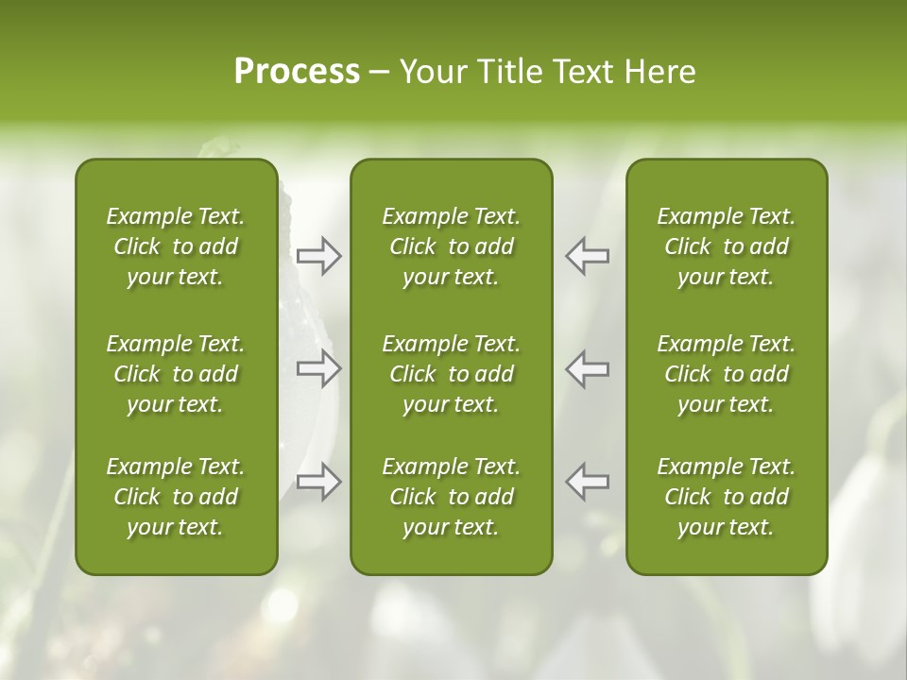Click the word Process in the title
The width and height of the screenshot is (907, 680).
pos(297,72)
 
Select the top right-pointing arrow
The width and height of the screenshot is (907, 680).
pos(318,256)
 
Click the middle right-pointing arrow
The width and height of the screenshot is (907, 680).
pos(318,368)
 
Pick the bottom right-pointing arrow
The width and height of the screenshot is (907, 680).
pos(318,482)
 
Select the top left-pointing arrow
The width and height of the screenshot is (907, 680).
pos(588,256)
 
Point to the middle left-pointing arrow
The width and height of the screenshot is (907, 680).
pos(588,368)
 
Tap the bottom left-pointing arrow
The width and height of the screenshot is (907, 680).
pos(588,482)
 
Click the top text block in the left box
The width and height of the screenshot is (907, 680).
pos(176,246)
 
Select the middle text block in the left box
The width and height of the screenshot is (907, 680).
pos(176,374)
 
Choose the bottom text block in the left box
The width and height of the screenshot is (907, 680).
pos(176,497)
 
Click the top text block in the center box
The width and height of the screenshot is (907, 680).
pos(452,246)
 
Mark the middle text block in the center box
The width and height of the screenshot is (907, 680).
pos(452,374)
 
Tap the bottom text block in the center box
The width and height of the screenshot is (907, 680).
pos(452,497)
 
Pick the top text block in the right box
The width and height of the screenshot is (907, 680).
pos(727,246)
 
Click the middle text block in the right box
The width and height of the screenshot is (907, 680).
pos(727,374)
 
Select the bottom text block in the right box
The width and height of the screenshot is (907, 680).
pos(727,497)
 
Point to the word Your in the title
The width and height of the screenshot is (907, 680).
pos(431,72)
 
